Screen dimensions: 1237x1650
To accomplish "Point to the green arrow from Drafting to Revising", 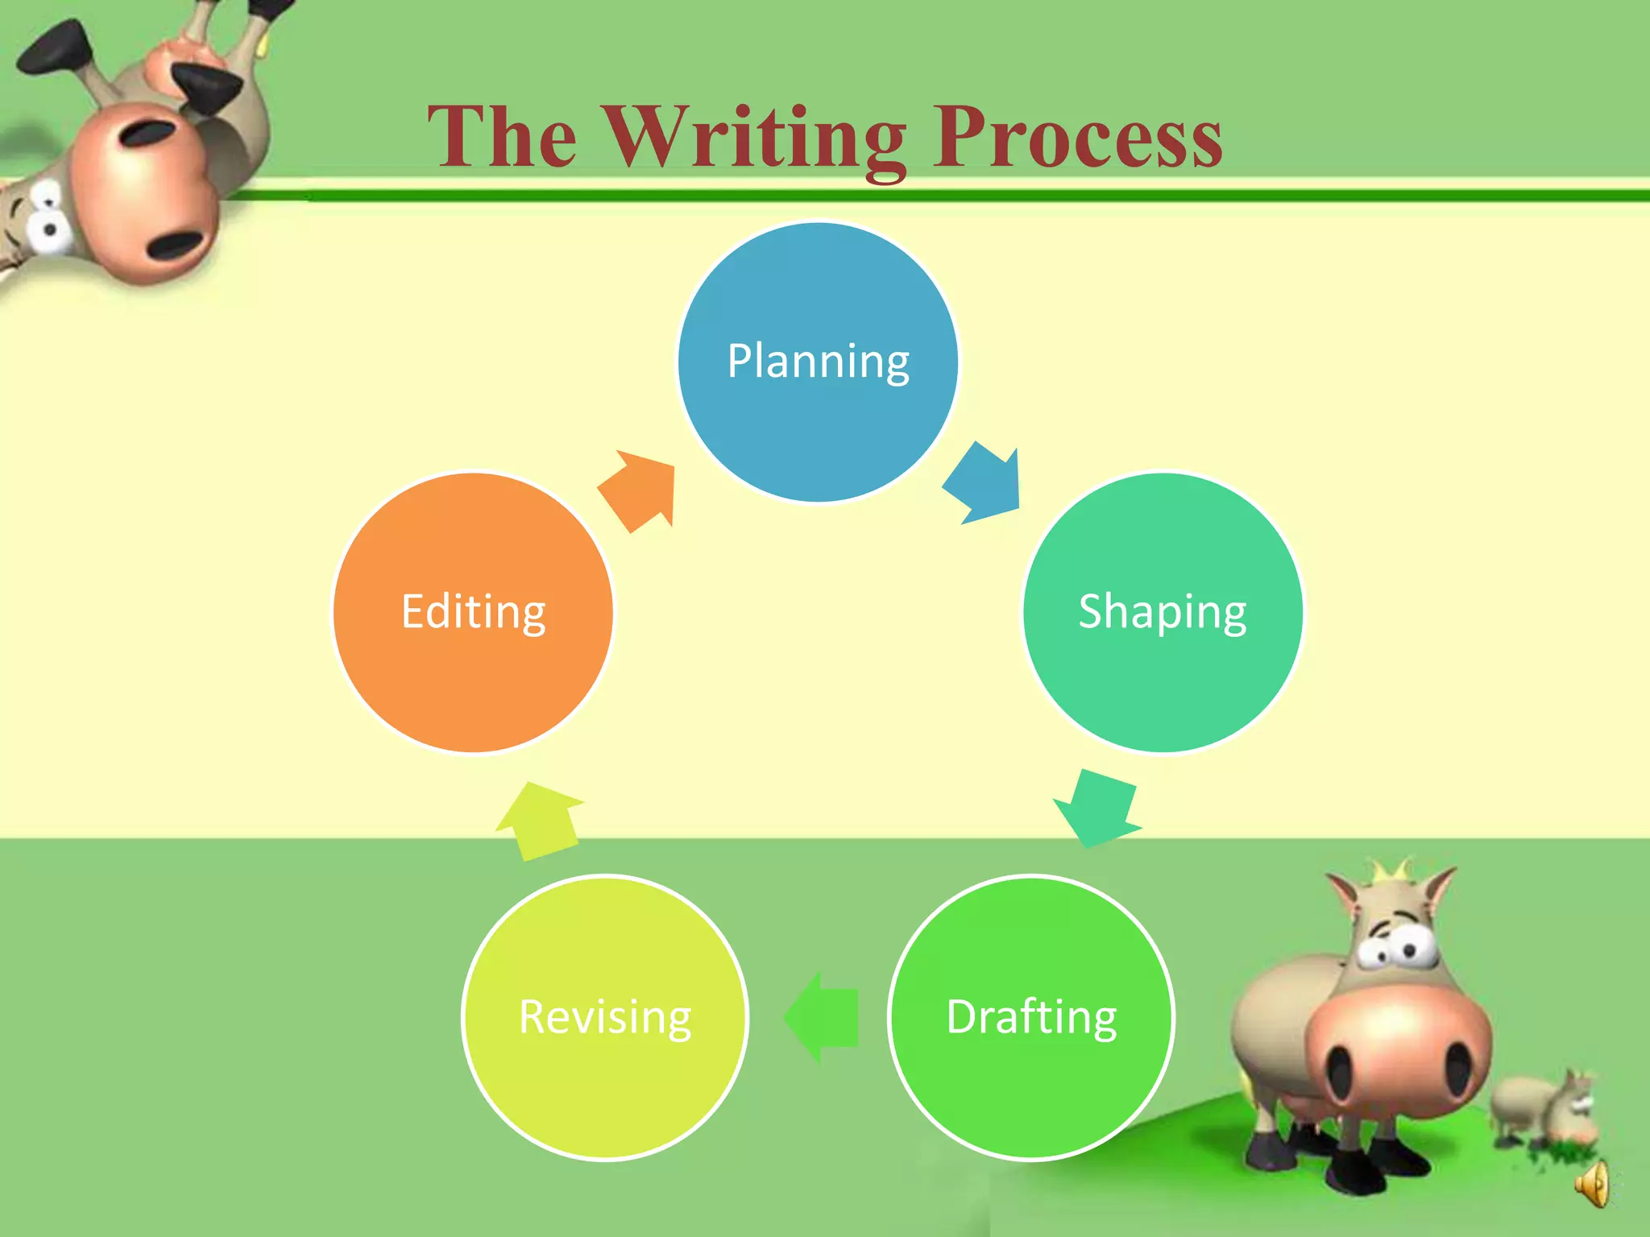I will (x=823, y=1017).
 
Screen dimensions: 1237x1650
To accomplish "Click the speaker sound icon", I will (x=1594, y=1184).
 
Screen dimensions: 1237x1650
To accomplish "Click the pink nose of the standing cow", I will (x=1398, y=1047).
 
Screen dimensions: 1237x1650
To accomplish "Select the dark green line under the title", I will (x=967, y=195).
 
